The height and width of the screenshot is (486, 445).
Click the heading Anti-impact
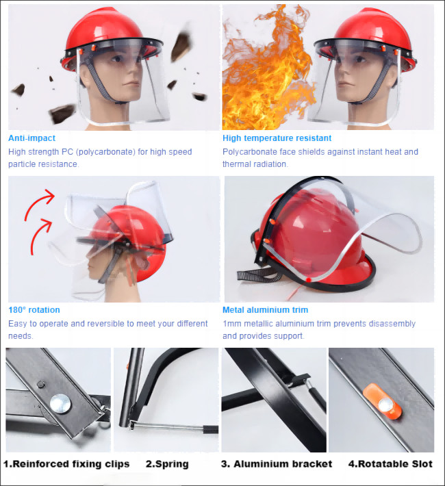[31, 138]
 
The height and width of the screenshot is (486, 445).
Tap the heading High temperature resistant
[277, 138]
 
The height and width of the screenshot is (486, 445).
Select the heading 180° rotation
[34, 310]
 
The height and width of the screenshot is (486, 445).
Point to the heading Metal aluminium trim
[266, 310]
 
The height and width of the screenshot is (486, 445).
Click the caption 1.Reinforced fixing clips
[66, 464]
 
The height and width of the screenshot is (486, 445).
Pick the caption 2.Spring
[167, 464]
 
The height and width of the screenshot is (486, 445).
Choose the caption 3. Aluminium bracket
[277, 464]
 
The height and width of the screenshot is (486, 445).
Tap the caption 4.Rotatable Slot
[390, 464]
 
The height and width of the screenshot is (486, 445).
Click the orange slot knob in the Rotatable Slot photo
[383, 402]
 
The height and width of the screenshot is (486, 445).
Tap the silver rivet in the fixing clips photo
[60, 403]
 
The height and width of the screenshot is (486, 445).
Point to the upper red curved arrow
[39, 203]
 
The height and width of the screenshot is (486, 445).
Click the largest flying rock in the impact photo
[62, 113]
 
